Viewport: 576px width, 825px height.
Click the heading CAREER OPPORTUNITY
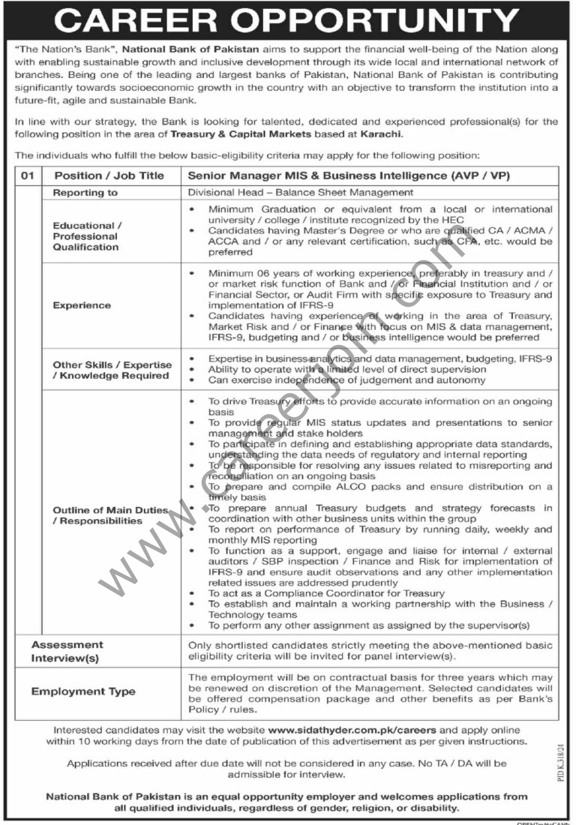[x=287, y=20]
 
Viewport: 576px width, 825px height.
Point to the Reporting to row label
[x=85, y=193]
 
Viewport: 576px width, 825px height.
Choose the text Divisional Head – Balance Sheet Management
[x=301, y=193]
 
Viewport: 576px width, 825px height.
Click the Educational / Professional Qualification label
[x=85, y=235]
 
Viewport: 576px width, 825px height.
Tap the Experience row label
[x=82, y=305]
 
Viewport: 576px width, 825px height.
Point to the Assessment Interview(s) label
[x=67, y=651]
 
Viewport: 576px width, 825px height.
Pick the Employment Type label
[x=83, y=691]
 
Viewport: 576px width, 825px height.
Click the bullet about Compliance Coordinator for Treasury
[x=325, y=593]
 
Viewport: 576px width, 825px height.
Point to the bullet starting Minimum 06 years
[x=379, y=290]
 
